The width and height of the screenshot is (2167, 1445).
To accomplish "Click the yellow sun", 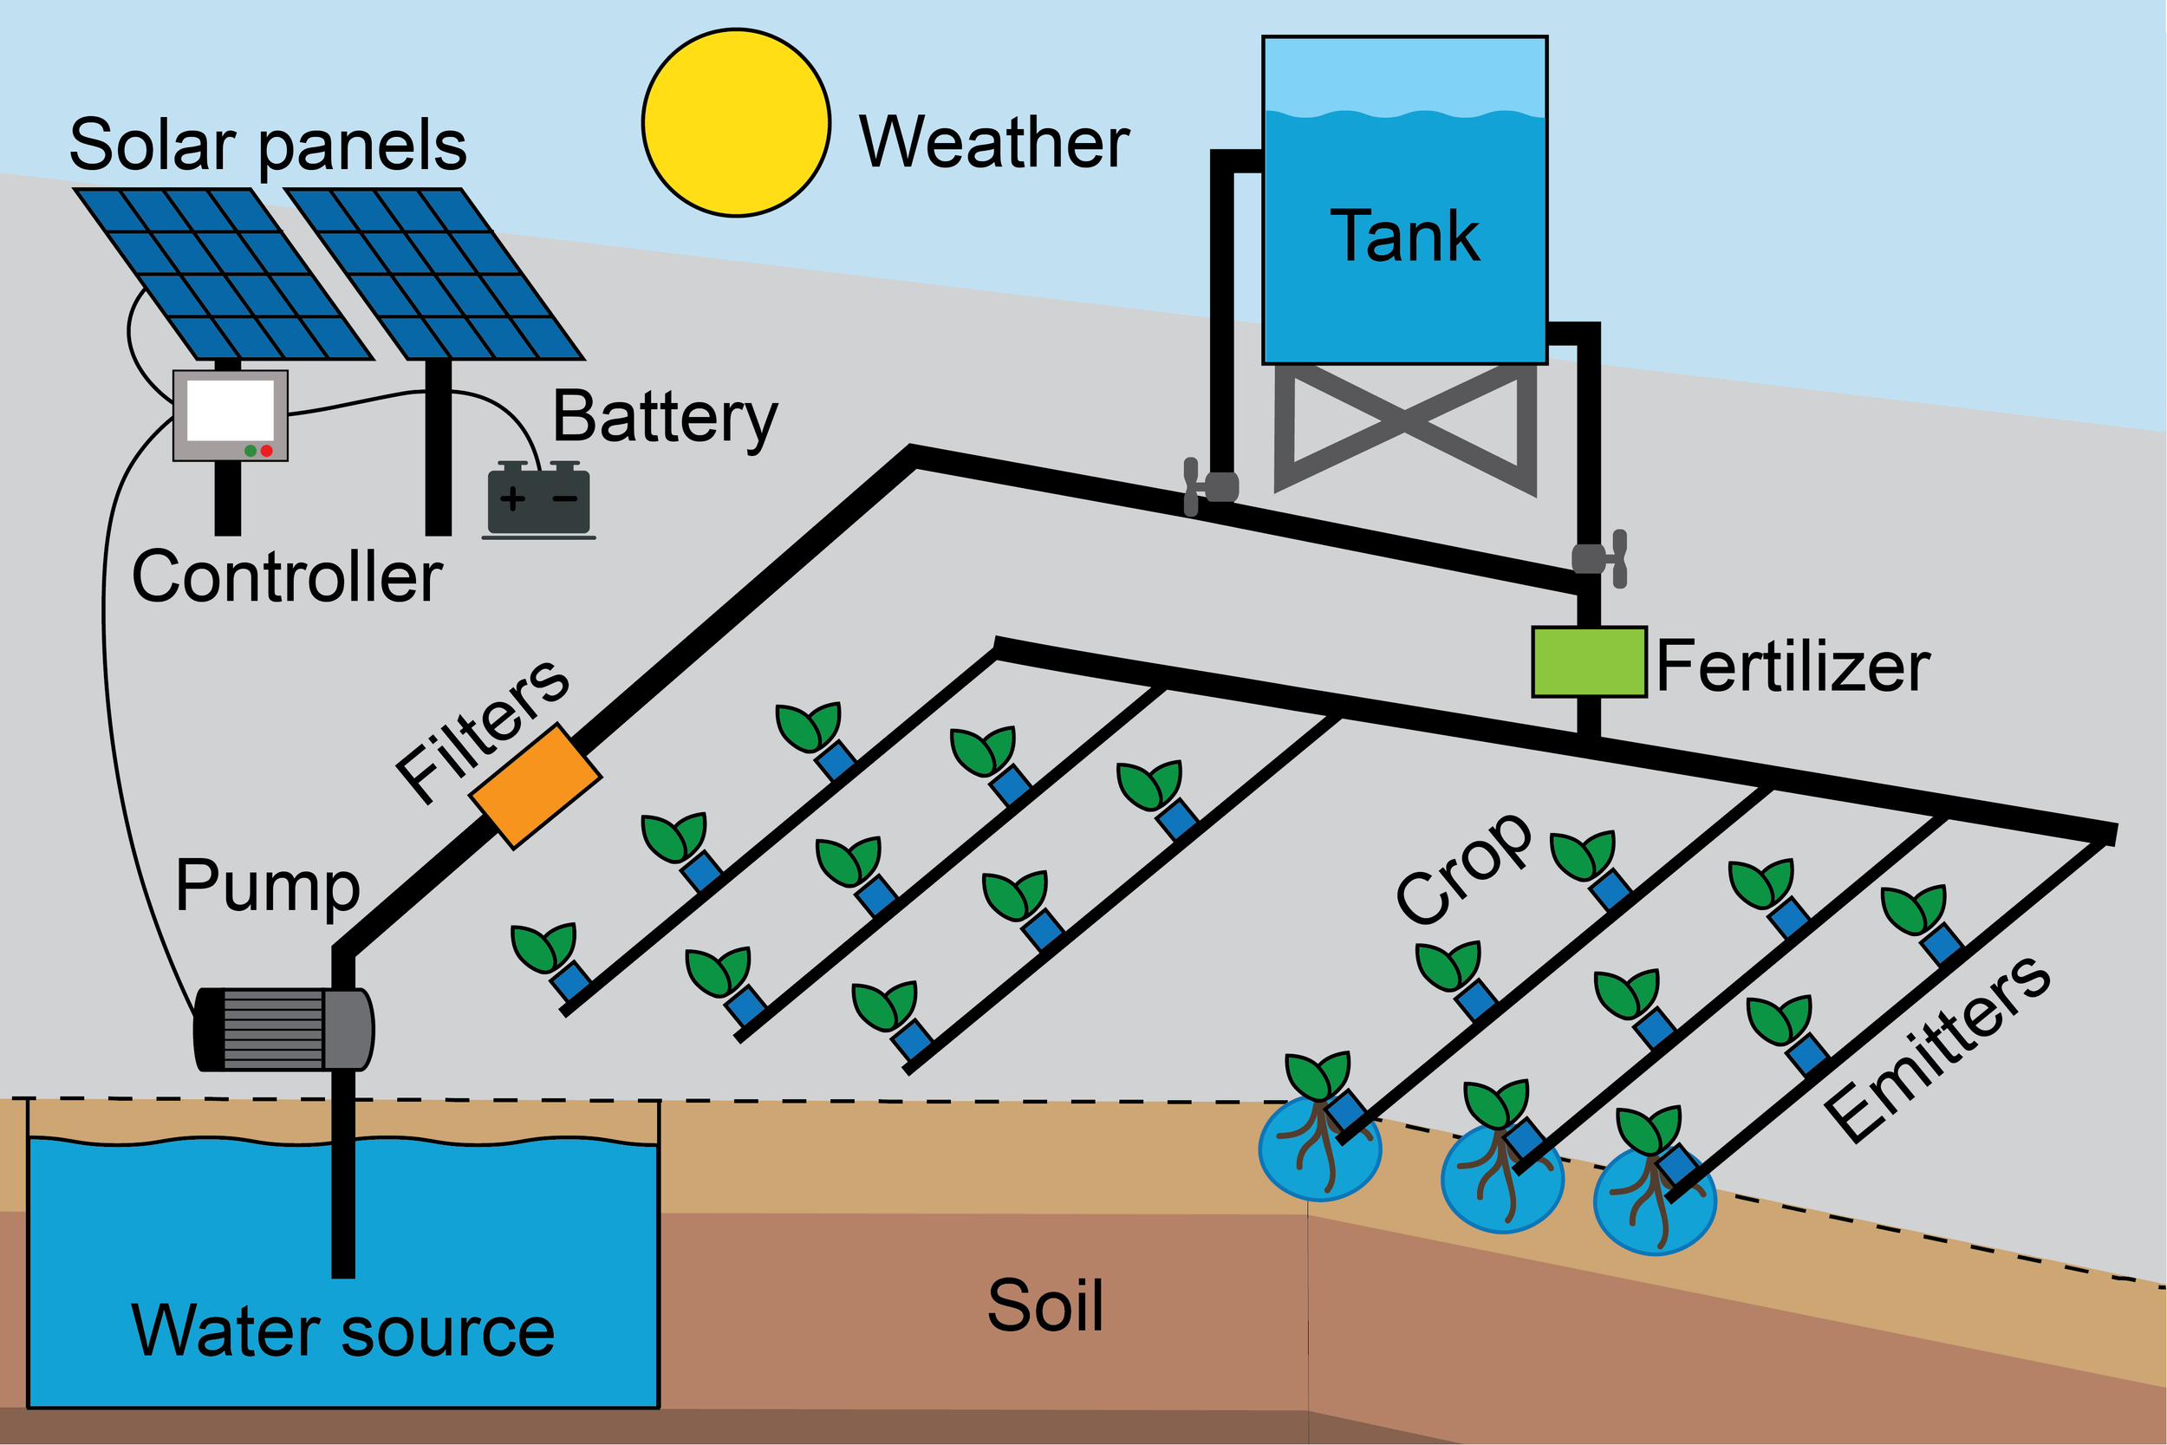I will point(736,122).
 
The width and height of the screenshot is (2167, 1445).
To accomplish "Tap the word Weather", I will point(994,142).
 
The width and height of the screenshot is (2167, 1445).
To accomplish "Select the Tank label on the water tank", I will point(1404,236).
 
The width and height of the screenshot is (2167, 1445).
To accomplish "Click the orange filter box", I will point(536,786).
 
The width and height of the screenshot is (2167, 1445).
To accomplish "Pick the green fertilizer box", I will point(1588,661).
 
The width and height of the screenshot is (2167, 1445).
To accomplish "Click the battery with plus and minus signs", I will point(538,500).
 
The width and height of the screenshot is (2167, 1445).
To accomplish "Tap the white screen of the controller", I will point(231,409).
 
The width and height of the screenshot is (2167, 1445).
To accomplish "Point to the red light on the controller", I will point(266,451).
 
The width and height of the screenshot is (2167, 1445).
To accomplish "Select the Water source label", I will point(342,1331).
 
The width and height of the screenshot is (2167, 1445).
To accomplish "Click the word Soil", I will point(1044,1305).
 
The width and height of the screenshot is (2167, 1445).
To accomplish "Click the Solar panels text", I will point(268,145).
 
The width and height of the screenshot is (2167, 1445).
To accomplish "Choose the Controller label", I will point(287,578).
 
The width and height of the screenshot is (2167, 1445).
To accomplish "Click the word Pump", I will point(267,887).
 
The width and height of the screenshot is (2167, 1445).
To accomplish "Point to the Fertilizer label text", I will point(1792,667).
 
